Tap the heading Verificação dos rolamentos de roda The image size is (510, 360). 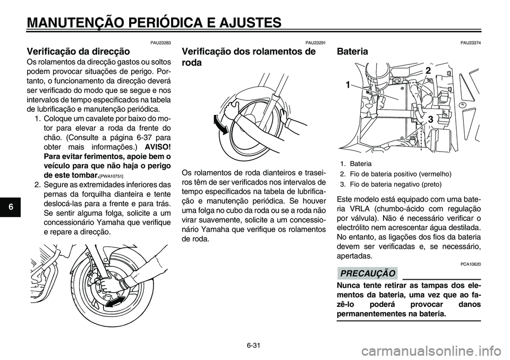(248, 57)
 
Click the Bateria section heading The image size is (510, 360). (352, 52)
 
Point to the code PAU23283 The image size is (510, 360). (160, 43)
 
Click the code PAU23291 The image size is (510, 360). (315, 43)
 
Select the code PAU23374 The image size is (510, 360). (471, 43)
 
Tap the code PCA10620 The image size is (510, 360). (471, 264)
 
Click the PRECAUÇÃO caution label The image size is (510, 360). (367, 273)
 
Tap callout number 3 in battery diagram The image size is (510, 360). (430, 121)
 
